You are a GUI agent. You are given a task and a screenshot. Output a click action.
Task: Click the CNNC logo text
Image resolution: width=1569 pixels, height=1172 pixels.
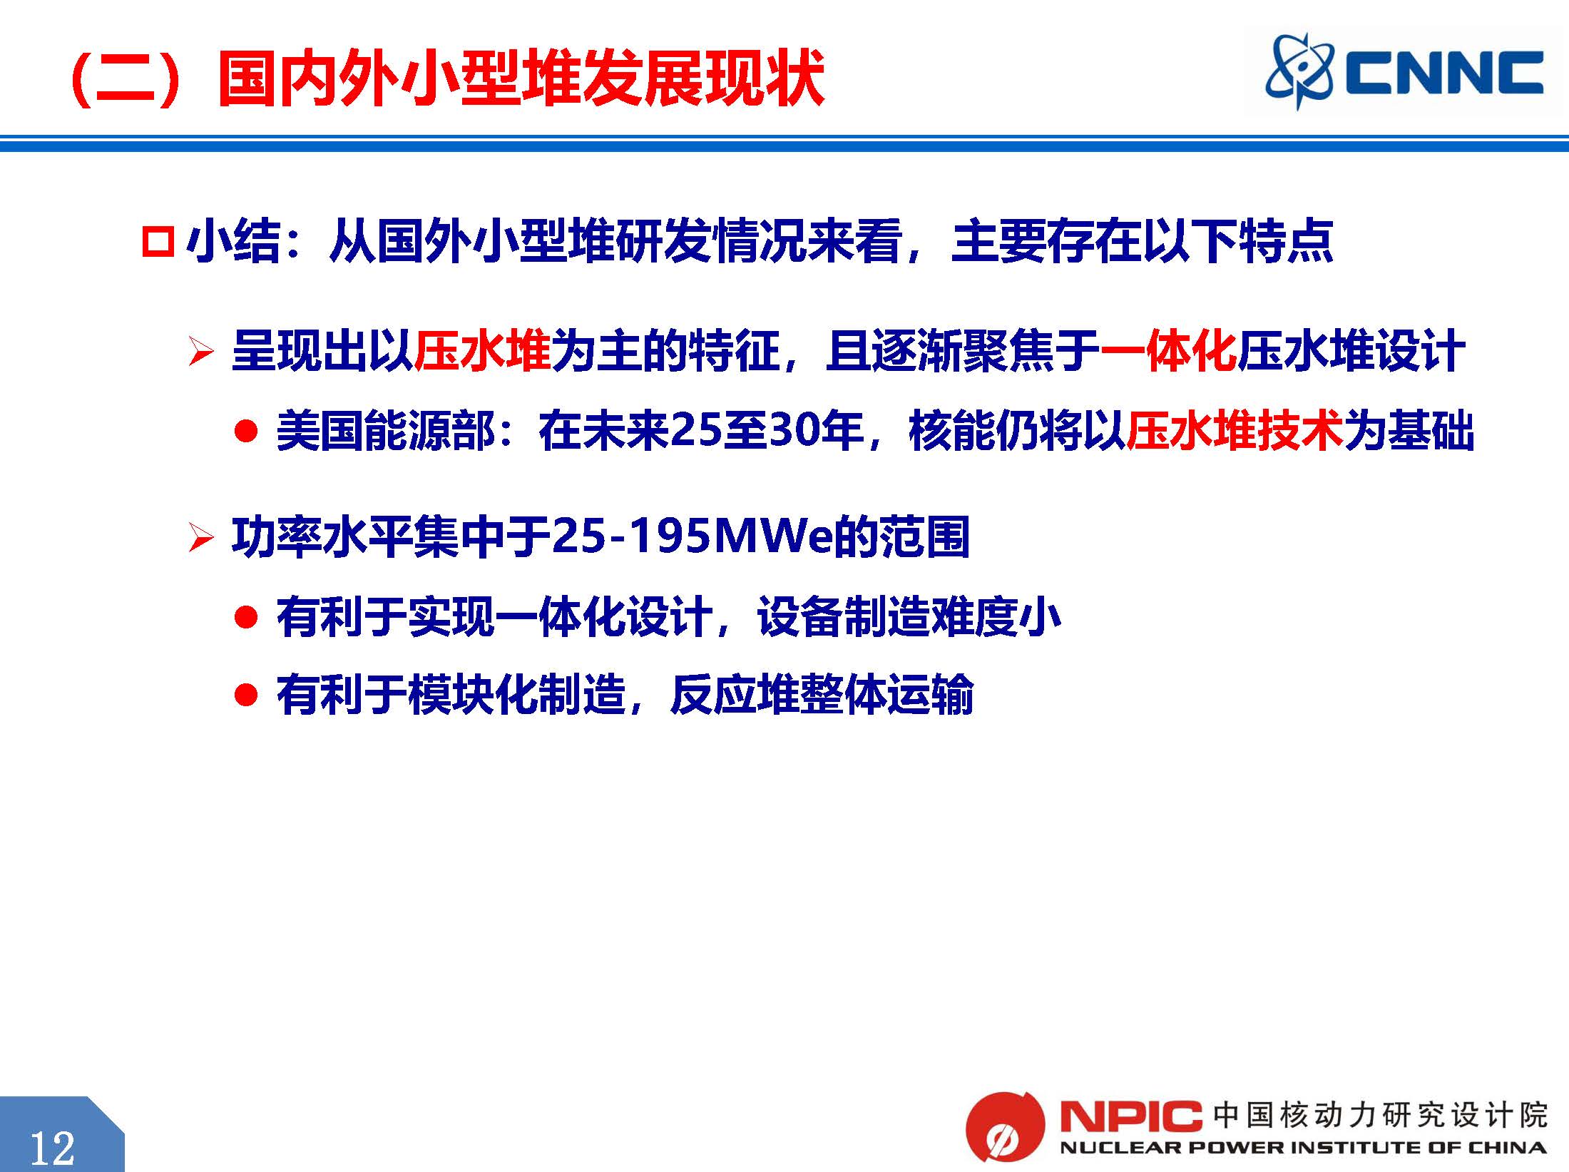pos(1445,73)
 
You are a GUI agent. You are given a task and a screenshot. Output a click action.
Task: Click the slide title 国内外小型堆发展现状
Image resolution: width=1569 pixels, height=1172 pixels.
pos(521,78)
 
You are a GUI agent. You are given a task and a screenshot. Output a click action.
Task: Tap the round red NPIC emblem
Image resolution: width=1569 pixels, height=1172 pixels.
pos(1004,1127)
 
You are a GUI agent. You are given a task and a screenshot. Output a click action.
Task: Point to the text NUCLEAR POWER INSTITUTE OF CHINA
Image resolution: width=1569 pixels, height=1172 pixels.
pos(1303,1148)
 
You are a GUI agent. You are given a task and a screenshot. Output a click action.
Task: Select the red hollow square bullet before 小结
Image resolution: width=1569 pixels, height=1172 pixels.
pos(158,242)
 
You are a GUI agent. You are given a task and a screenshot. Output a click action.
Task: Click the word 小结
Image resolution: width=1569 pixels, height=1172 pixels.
pos(232,241)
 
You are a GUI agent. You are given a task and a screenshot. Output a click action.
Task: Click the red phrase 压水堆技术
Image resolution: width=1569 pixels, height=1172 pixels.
pos(1235,432)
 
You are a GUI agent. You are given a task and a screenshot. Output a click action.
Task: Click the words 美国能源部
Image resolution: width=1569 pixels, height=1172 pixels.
pos(384,432)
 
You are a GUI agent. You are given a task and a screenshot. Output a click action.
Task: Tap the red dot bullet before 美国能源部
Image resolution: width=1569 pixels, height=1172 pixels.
pos(245,432)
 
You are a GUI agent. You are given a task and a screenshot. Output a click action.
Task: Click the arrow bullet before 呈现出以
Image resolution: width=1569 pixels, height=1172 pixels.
pos(201,352)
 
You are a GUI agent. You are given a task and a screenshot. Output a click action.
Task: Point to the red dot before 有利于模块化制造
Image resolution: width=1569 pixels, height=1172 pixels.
pos(245,694)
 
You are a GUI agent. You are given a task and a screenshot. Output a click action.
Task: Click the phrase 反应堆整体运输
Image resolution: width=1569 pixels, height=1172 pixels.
pos(822,694)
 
